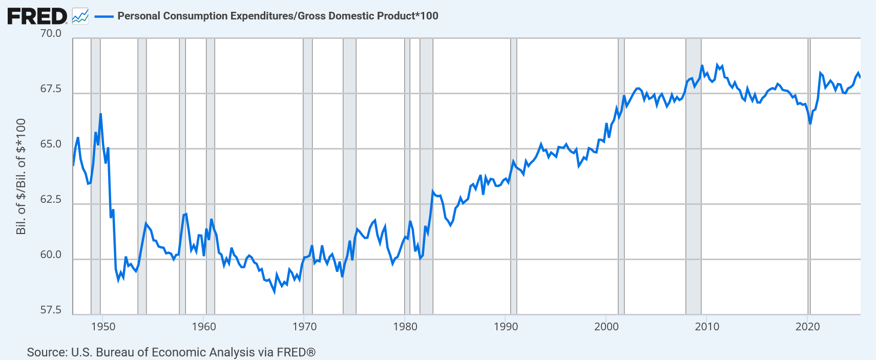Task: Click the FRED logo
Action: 37,16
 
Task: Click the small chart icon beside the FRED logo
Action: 80,16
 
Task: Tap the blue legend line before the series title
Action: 104,16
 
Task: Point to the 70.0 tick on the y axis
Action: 51,33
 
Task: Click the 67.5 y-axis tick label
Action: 51,89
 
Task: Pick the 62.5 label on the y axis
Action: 51,199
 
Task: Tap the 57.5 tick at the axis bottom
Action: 51,310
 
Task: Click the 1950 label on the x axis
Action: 103,327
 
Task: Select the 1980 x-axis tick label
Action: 405,327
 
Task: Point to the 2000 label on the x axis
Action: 607,327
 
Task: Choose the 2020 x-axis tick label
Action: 808,327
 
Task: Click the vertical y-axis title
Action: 21,177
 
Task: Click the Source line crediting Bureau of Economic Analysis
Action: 171,352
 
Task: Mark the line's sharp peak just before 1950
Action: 100,114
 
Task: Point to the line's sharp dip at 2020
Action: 810,123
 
